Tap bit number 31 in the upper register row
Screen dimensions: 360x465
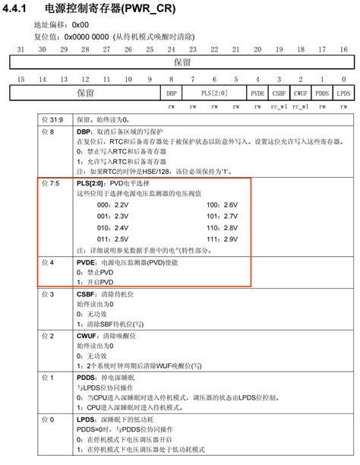(21, 49)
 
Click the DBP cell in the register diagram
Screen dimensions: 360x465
(171, 93)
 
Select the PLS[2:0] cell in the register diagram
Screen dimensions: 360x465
(213, 93)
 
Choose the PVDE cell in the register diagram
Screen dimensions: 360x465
(257, 93)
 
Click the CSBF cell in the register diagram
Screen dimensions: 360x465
(279, 93)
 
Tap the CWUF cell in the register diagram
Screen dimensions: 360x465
(301, 93)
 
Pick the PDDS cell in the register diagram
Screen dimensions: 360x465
(323, 93)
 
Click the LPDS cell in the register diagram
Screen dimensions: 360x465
(345, 93)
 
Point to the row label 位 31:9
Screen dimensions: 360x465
(52, 120)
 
